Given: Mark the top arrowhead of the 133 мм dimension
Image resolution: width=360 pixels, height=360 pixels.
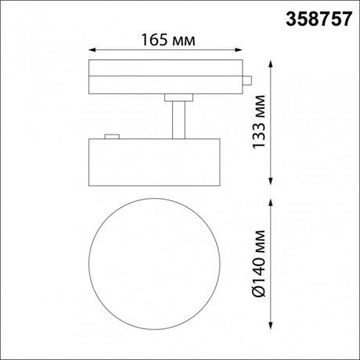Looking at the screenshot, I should tap(271, 63).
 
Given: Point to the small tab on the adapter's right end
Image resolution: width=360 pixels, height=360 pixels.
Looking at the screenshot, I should tap(247, 80).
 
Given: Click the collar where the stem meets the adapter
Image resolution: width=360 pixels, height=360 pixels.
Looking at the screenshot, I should tap(179, 96).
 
